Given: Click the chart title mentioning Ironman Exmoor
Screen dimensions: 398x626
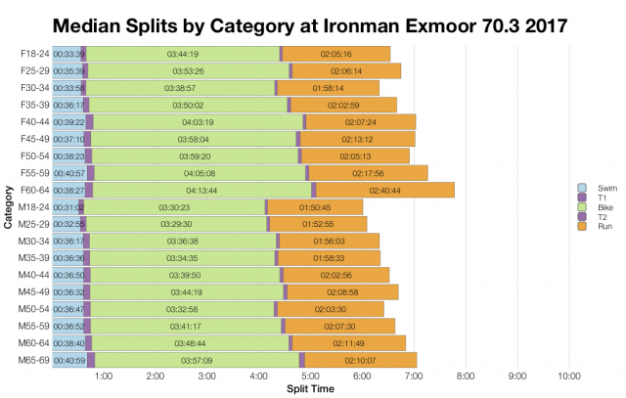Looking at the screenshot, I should click(313, 22).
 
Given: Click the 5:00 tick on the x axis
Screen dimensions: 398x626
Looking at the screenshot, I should click(310, 376).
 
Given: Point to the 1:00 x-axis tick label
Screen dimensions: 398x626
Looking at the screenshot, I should click(103, 376).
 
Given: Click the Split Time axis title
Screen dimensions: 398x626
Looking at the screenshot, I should click(310, 389).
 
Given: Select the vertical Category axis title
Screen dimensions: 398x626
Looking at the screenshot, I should click(8, 207).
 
